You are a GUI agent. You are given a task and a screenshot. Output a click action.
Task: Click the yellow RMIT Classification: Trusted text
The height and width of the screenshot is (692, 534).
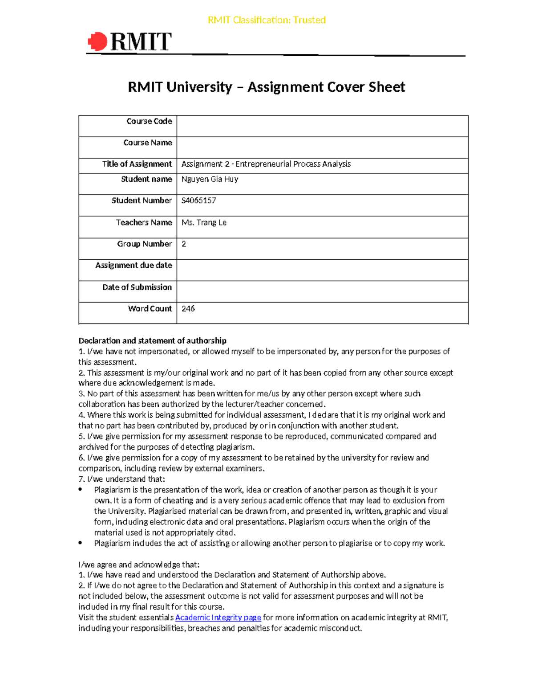coord(267,20)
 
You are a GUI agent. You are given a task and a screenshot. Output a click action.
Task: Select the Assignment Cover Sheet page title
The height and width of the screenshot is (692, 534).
coord(266,87)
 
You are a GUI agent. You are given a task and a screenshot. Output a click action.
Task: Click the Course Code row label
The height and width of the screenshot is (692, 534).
coord(149,121)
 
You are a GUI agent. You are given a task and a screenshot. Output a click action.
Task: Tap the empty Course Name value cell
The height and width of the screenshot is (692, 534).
coord(322,147)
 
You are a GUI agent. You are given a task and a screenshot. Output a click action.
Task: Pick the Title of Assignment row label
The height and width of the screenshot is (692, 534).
coord(137,164)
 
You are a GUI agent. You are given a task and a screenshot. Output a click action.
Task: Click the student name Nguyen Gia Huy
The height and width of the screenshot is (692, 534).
coord(210,179)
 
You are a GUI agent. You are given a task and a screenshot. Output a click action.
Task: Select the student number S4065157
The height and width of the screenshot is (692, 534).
coord(198,201)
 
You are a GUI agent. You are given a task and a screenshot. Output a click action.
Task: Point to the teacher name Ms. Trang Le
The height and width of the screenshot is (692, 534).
coord(204,222)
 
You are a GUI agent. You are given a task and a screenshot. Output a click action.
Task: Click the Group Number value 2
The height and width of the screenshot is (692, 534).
coord(184,244)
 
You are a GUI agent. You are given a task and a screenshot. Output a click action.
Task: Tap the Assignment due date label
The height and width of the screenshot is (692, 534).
coord(133,265)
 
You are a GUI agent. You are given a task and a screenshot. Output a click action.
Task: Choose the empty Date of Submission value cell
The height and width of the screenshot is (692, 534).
coord(322,291)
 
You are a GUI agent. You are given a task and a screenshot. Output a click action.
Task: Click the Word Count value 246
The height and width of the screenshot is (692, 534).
coord(188,308)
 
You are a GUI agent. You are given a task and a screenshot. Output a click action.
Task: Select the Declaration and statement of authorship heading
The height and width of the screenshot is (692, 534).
coord(152,340)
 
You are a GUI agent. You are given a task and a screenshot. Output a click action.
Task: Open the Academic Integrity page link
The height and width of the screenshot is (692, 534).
coord(218,618)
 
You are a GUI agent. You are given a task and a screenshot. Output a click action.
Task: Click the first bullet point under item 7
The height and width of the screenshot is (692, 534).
coord(80,490)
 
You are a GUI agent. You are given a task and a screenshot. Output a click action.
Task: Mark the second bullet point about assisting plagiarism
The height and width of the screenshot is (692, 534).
coord(80,543)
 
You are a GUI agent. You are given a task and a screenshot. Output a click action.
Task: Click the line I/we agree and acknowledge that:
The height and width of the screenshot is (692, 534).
coord(139,565)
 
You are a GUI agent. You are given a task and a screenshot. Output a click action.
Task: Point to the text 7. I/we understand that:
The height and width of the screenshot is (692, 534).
coord(121,479)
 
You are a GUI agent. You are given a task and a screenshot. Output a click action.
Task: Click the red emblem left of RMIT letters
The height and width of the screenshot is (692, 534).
coord(98,42)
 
